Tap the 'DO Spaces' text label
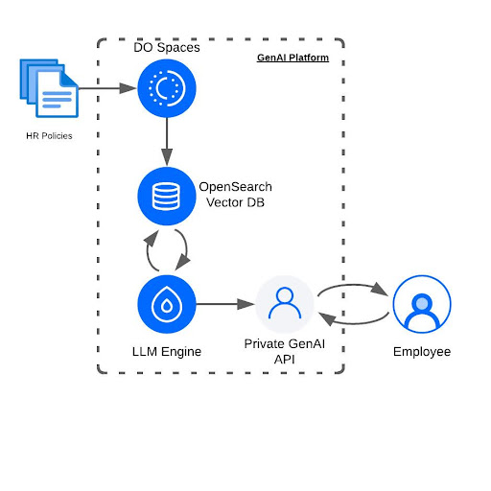click(x=167, y=47)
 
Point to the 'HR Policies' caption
click(x=49, y=135)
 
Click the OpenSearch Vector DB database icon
click(x=167, y=196)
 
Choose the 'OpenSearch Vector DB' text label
click(x=235, y=194)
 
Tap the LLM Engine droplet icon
click(x=167, y=304)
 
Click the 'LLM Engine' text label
click(x=167, y=351)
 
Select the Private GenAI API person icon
click(x=285, y=304)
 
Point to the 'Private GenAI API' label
click(x=285, y=351)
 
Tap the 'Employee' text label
click(x=421, y=352)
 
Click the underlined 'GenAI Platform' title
click(x=292, y=58)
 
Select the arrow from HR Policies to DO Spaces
click(x=105, y=89)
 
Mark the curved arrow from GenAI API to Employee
click(x=353, y=284)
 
